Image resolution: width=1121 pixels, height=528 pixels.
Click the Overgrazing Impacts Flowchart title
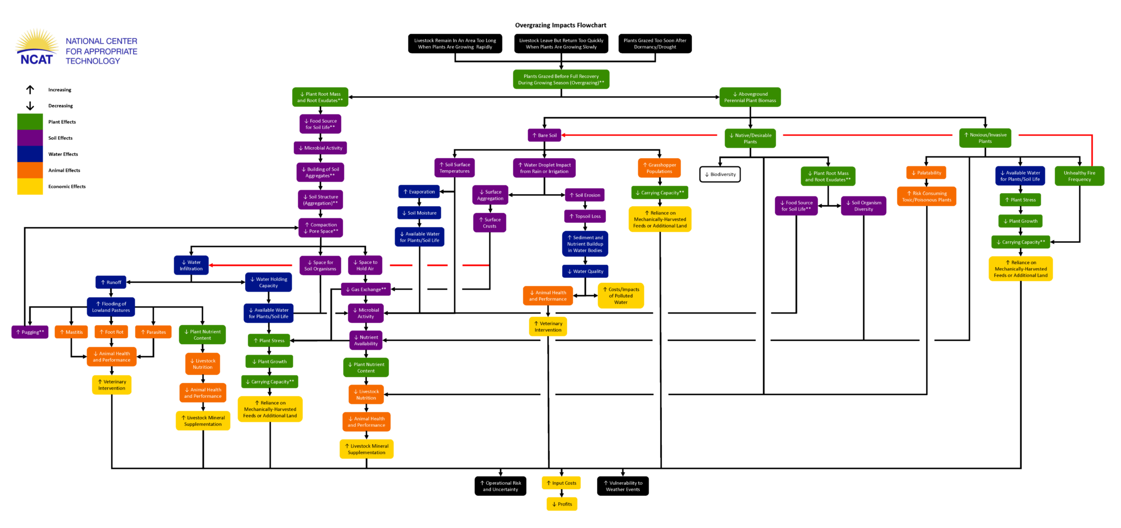pyautogui.click(x=560, y=25)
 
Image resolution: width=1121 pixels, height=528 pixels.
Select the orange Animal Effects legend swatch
pyautogui.click(x=30, y=170)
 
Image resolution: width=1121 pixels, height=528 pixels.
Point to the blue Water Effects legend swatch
pyautogui.click(x=30, y=154)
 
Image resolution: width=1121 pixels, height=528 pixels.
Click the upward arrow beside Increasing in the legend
pyautogui.click(x=30, y=90)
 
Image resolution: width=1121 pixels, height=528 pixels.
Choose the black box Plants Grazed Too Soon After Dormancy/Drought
pyautogui.click(x=655, y=44)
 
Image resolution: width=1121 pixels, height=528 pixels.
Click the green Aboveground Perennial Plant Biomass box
pyautogui.click(x=750, y=97)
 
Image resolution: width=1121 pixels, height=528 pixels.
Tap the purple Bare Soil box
pyautogui.click(x=545, y=135)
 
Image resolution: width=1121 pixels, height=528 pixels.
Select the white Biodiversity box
pyautogui.click(x=720, y=175)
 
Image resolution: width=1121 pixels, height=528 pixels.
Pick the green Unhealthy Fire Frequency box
pyautogui.click(x=1079, y=176)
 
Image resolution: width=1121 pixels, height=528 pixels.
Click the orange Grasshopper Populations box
pyautogui.click(x=659, y=168)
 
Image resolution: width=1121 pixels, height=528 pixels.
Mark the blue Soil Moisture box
pyautogui.click(x=419, y=213)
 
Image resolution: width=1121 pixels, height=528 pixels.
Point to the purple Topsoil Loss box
pyautogui.click(x=585, y=216)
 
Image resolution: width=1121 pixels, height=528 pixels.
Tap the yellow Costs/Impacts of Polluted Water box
pyautogui.click(x=621, y=296)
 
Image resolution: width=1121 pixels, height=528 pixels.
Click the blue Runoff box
pyautogui.click(x=111, y=282)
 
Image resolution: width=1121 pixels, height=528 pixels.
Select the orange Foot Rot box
pyautogui.click(x=111, y=332)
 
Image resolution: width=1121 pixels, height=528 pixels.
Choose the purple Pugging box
pyautogui.click(x=30, y=332)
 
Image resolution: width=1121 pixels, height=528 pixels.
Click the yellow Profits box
pyautogui.click(x=562, y=504)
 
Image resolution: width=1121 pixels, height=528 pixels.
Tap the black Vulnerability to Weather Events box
pyautogui.click(x=623, y=486)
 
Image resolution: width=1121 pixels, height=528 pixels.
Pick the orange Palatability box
pyautogui.click(x=926, y=173)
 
